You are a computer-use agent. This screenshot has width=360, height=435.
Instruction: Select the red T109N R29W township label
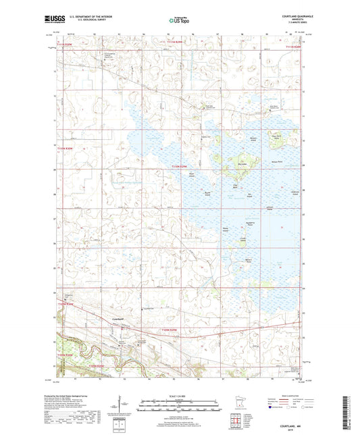171,329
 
